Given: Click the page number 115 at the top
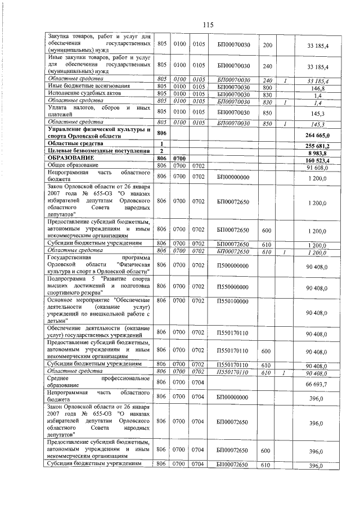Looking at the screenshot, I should coord(209,24).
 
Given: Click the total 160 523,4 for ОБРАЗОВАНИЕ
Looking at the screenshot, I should coord(321,159).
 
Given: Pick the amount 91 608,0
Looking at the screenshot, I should coord(322,166).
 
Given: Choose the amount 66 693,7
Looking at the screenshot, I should coord(322,384).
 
